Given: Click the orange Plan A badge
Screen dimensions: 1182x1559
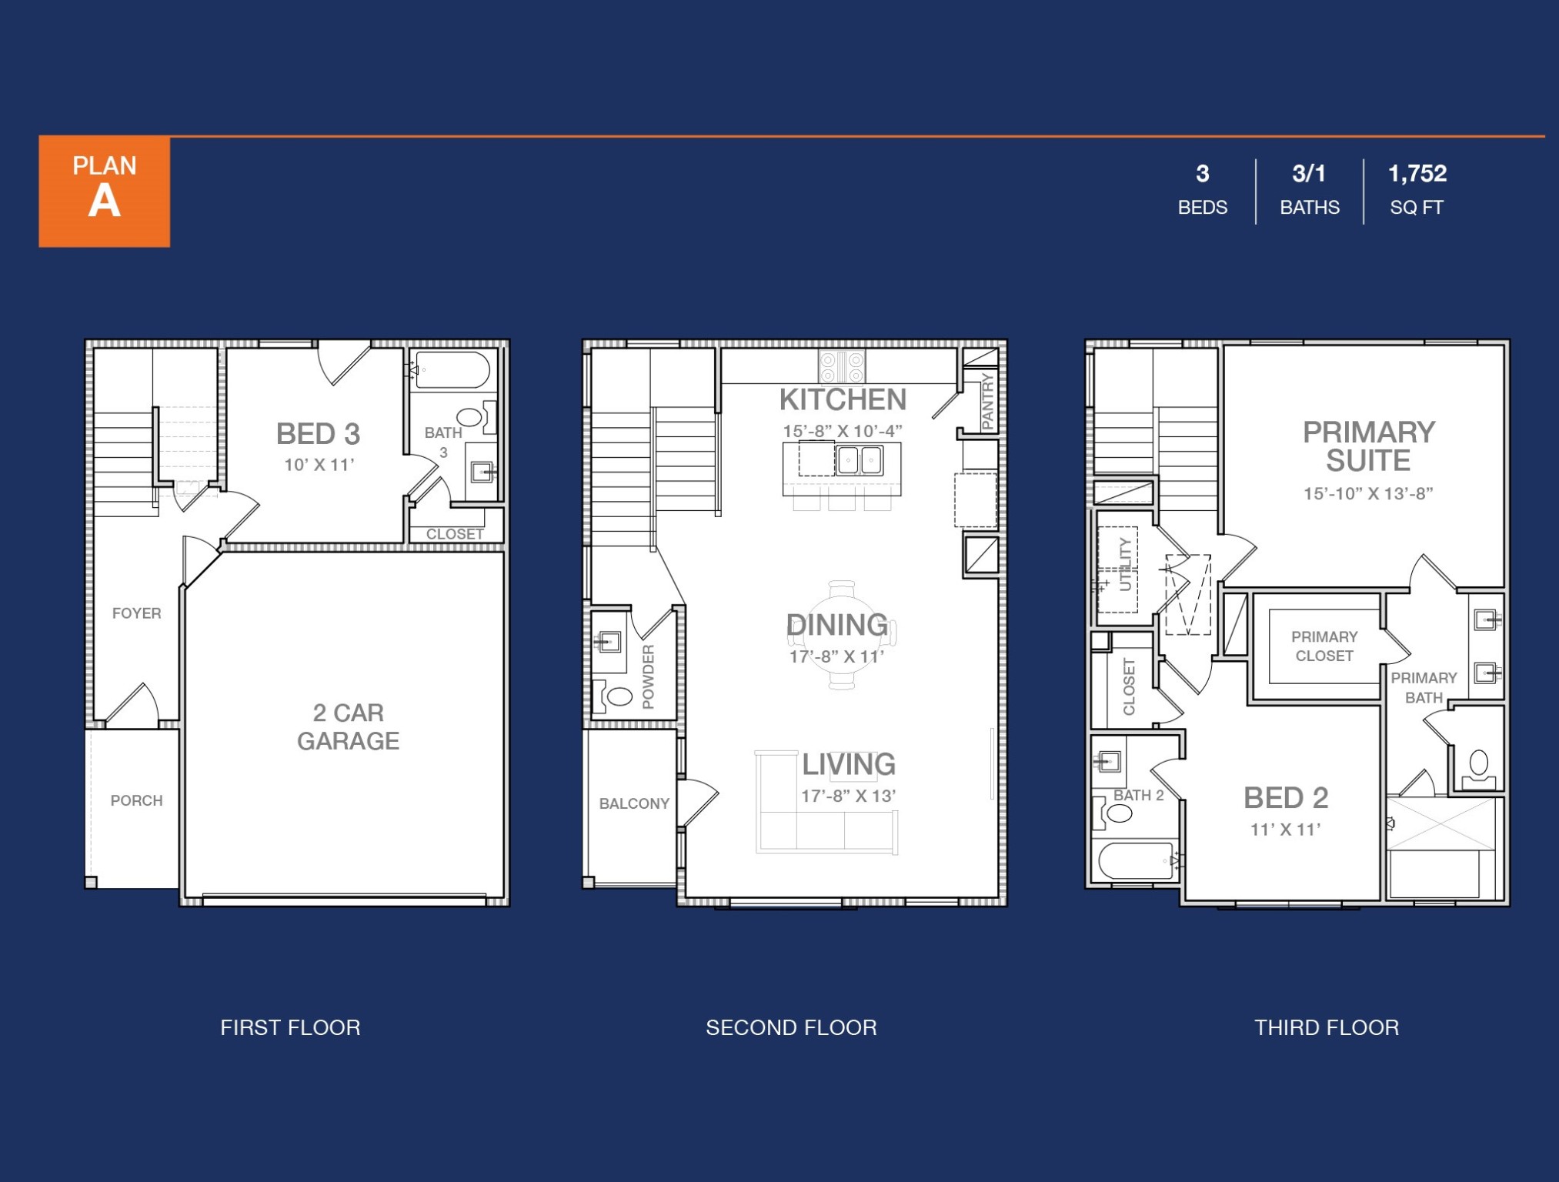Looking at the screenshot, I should (x=105, y=191).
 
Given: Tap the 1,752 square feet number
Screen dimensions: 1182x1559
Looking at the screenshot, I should (x=1417, y=174).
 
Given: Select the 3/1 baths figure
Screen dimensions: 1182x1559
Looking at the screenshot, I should (x=1308, y=174).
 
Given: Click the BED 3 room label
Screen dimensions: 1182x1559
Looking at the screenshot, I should (x=318, y=434).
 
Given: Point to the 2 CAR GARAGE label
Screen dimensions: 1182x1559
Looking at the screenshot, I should (x=348, y=726).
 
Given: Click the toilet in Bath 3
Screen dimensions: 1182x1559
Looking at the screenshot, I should (x=470, y=418).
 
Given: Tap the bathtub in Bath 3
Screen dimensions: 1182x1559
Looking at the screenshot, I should (x=452, y=370).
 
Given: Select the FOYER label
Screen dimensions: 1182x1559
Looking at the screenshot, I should (x=136, y=613).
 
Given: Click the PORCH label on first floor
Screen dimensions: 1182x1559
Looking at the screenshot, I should (x=136, y=800).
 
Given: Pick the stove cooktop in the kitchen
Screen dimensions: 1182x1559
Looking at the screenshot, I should (x=841, y=366).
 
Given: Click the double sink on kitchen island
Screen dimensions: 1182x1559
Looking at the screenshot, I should (x=859, y=461).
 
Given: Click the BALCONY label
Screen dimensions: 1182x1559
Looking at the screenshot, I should (x=634, y=803).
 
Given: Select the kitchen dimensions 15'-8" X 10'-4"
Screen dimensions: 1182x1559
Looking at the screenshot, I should (x=842, y=431).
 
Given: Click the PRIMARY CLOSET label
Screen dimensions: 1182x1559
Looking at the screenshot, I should (x=1324, y=646).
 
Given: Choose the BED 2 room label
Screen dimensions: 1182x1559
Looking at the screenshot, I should (x=1286, y=798).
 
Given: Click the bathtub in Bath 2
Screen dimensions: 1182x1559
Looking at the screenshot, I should (x=1135, y=860).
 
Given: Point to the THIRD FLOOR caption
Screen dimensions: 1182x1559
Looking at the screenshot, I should (x=1326, y=1027).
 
